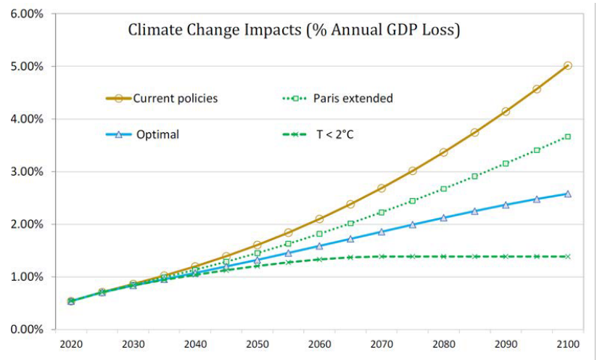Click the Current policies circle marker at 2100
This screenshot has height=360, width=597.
click(567, 65)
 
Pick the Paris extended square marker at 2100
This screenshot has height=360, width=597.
click(567, 136)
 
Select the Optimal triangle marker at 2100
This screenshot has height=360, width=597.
click(567, 194)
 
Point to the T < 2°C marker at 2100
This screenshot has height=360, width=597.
click(567, 256)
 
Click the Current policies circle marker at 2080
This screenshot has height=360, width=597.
click(443, 152)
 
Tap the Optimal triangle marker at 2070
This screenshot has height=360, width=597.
click(381, 232)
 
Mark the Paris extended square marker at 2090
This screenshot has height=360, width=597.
click(506, 163)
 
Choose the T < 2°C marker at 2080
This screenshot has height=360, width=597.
click(443, 256)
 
